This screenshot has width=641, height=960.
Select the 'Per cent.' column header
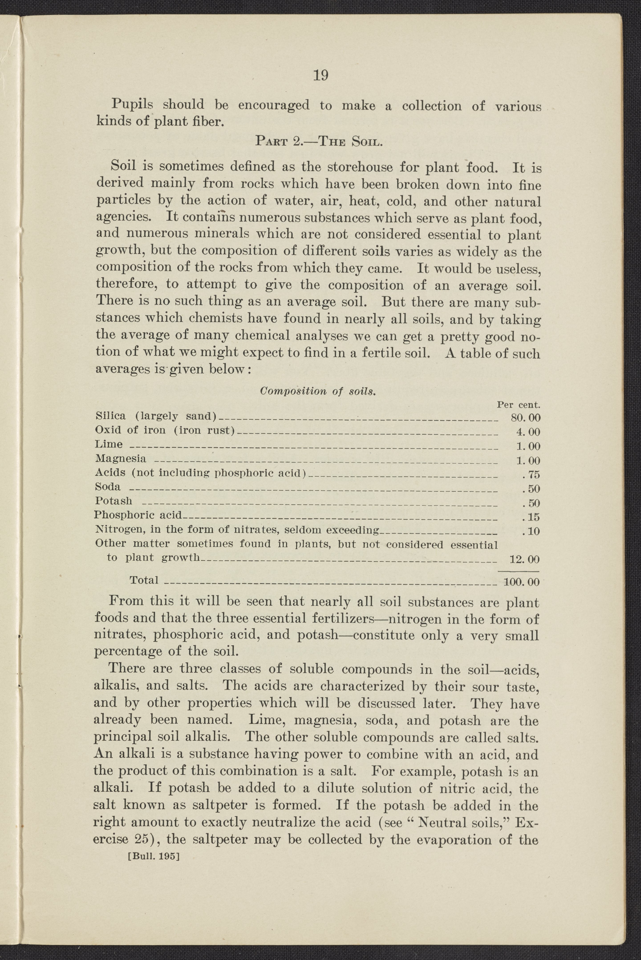(x=518, y=405)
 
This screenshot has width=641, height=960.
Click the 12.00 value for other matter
(x=525, y=559)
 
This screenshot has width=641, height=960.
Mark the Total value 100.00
(x=522, y=582)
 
